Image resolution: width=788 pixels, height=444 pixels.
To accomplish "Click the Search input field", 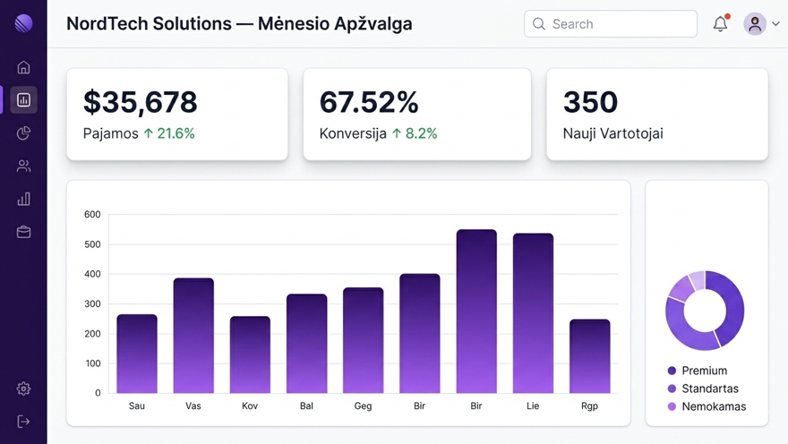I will [611, 24].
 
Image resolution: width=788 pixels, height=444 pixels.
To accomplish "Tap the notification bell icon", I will [720, 24].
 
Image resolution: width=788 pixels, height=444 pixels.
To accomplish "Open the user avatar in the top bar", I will [755, 24].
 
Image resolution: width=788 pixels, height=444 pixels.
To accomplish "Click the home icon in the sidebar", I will [23, 67].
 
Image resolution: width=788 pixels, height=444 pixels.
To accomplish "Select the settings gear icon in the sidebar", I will [23, 388].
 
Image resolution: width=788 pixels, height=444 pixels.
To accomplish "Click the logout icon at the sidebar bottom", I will [23, 422].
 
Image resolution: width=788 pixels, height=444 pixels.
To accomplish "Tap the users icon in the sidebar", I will [23, 166].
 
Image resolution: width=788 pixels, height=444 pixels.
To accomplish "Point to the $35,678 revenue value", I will [140, 102].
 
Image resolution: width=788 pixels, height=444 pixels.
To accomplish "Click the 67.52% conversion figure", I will [369, 102].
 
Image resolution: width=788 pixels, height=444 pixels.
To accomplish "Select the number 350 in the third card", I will [590, 102].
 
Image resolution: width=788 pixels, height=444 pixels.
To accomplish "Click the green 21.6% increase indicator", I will [169, 133].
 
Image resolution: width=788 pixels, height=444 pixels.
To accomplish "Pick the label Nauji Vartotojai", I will [612, 133].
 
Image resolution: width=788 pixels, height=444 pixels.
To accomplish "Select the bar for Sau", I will [137, 354].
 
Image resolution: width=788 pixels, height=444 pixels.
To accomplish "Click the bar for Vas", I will [193, 336].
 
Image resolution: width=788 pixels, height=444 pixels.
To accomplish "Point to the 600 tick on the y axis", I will [92, 215].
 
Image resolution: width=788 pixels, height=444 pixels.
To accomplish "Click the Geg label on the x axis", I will [363, 406].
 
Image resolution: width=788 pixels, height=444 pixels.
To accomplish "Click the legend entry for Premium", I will [704, 371].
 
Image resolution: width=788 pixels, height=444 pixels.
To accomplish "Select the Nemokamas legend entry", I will [713, 406].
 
